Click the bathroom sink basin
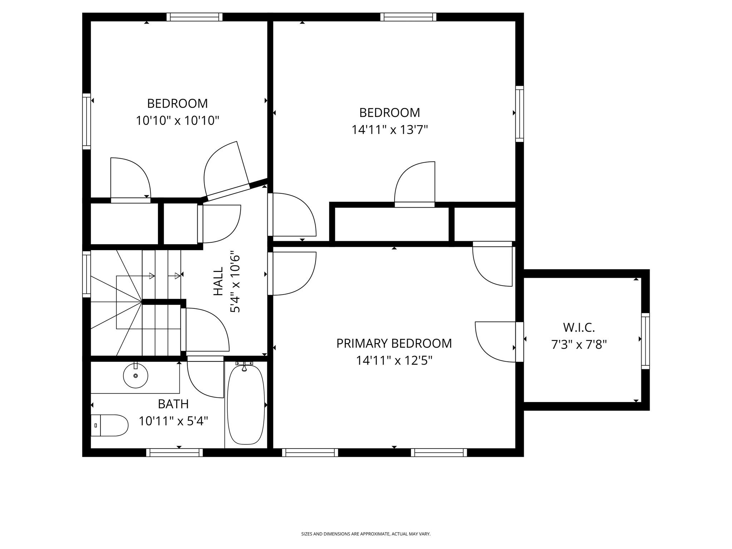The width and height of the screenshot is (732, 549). [x=135, y=376]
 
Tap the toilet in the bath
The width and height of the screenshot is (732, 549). [x=109, y=425]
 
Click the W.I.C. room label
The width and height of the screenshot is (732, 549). [x=579, y=327]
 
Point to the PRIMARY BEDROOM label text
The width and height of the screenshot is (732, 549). [x=394, y=343]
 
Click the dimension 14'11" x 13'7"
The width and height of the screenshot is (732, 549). [x=390, y=129]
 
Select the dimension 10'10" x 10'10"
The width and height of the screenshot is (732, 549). [x=177, y=121]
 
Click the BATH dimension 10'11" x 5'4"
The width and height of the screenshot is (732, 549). [x=173, y=421]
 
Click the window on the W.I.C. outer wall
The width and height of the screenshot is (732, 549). [x=645, y=341]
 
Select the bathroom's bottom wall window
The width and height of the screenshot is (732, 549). [x=174, y=452]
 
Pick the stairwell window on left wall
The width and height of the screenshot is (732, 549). [x=86, y=274]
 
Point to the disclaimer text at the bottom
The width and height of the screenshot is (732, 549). [x=366, y=534]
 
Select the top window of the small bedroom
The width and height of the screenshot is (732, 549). [x=194, y=17]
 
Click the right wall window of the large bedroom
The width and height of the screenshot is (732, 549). [x=519, y=114]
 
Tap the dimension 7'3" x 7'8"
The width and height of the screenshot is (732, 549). [x=579, y=345]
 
